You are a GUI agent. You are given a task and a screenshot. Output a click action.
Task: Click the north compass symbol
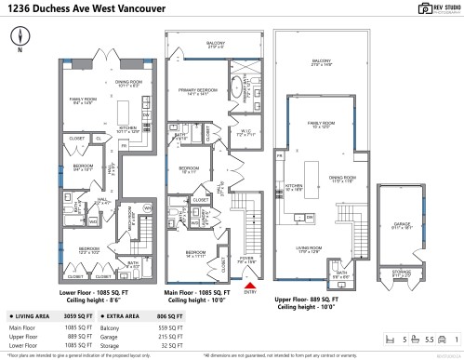coord(21,37)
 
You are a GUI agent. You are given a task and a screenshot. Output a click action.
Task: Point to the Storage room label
coord(401,272)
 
